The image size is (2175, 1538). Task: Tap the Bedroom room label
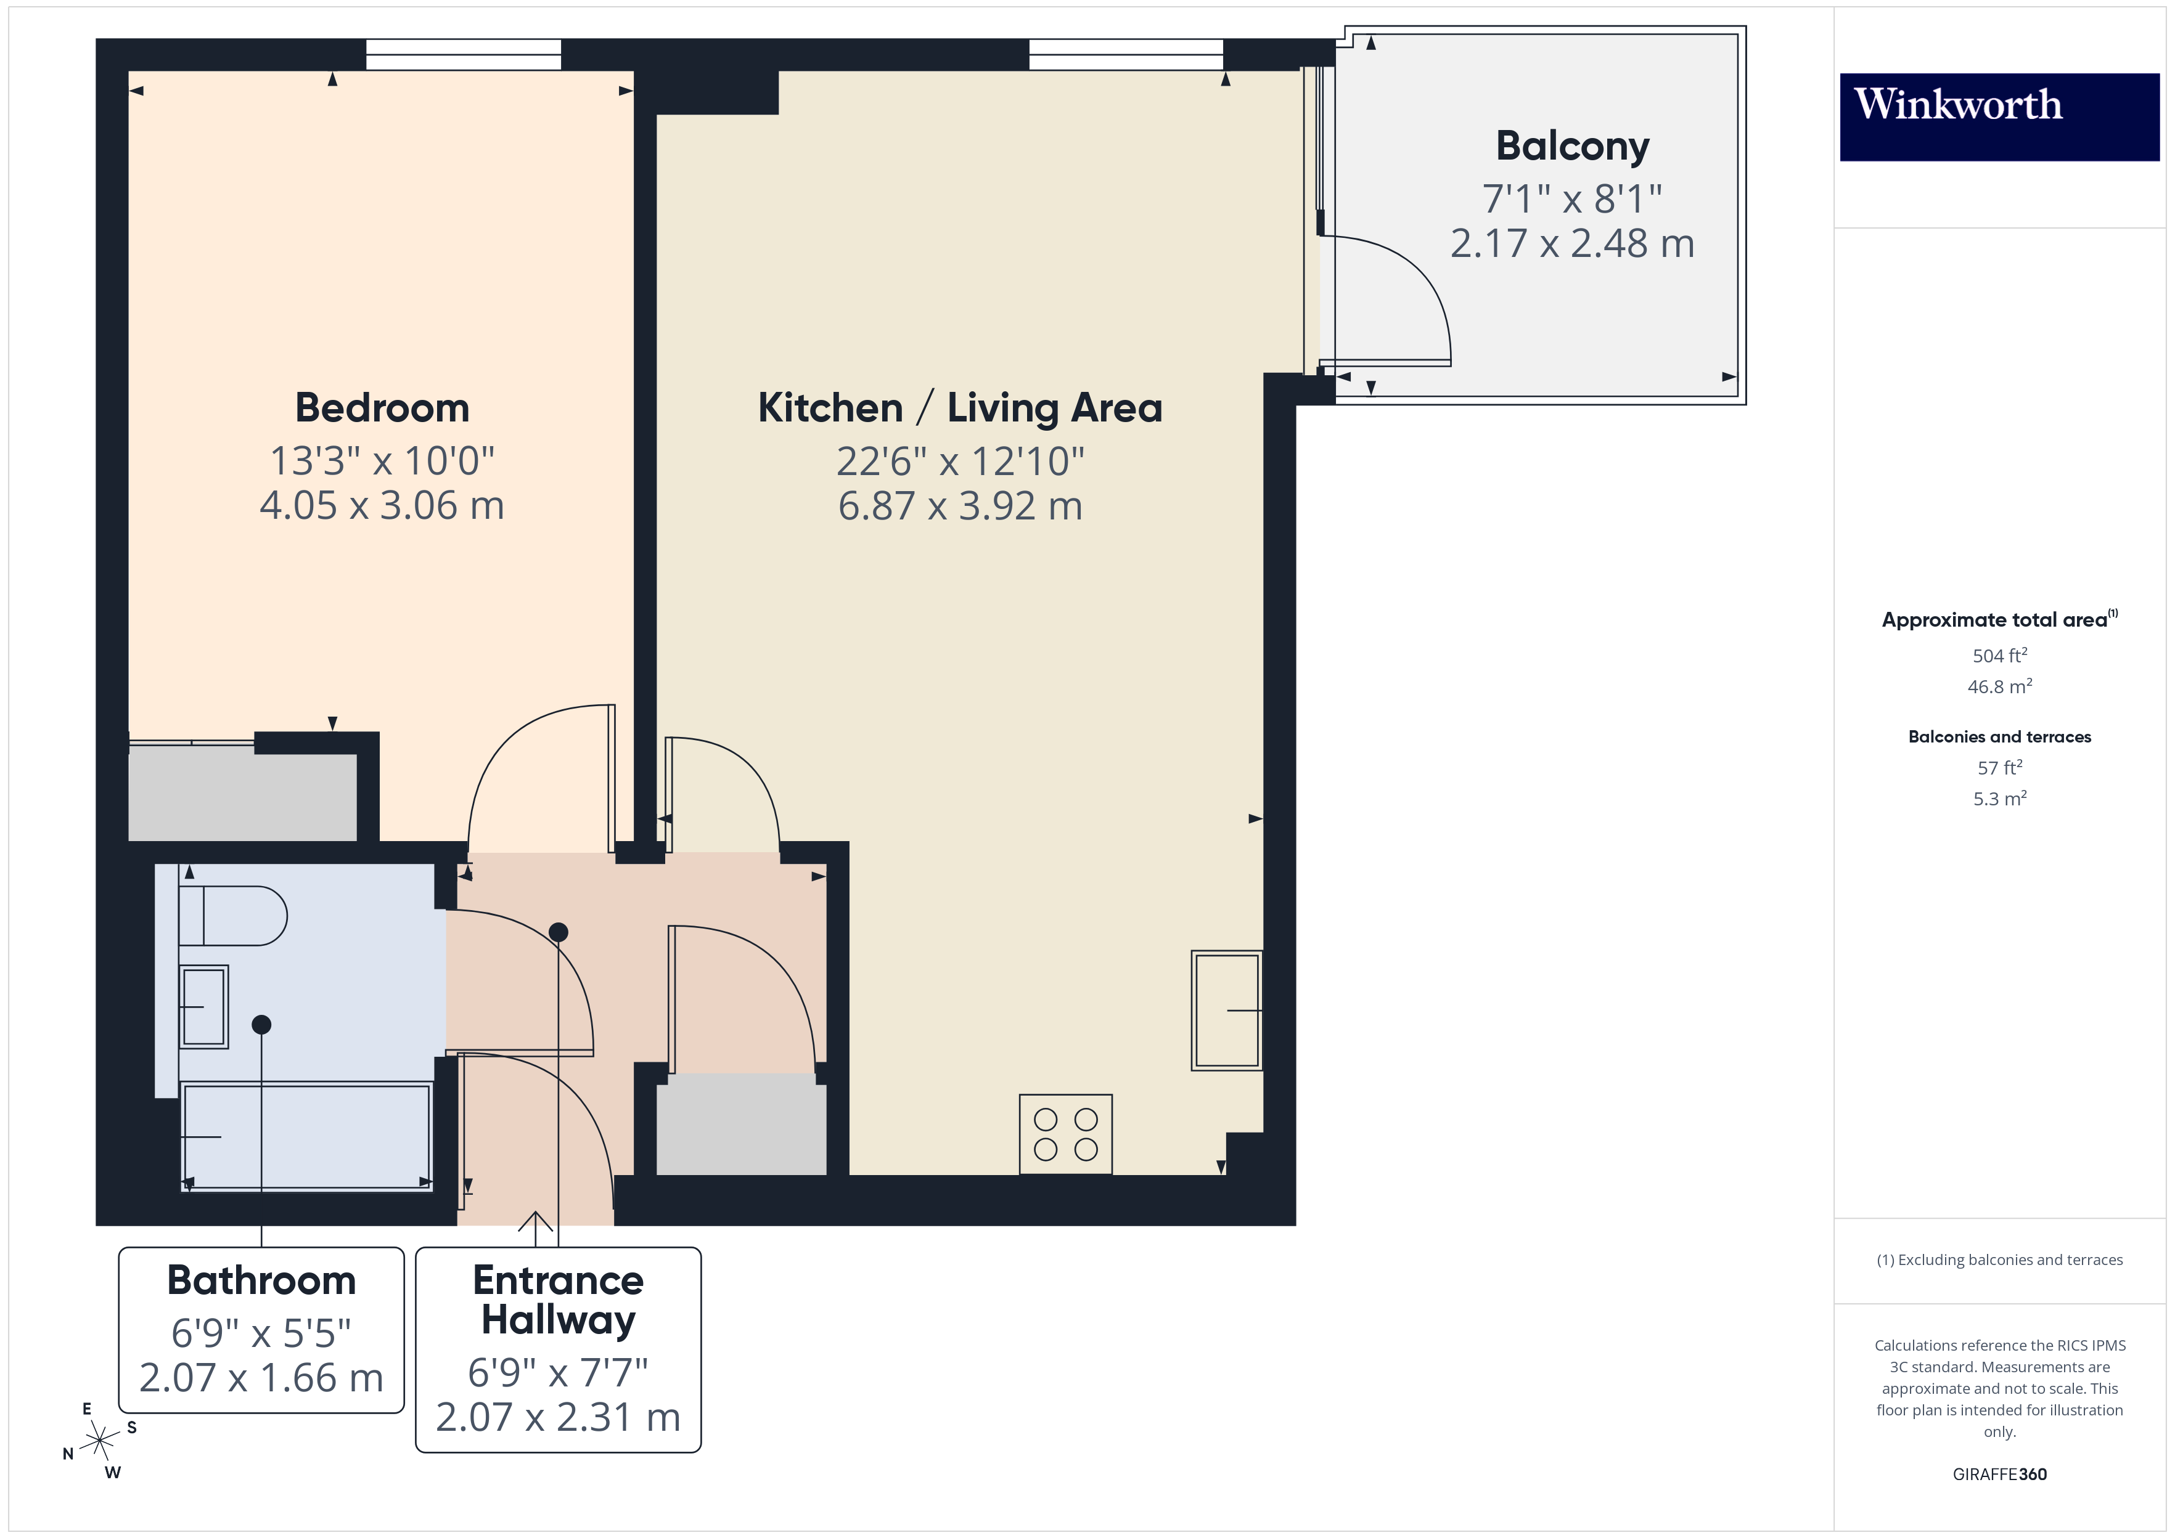coord(382,408)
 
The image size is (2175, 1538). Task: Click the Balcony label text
coord(1571,146)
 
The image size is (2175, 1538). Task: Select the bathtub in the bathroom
coord(306,1136)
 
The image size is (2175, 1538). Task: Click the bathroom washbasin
coord(203,1006)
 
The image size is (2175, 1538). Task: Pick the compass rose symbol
coord(99,1441)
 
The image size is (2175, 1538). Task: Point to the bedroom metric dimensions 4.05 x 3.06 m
coord(382,506)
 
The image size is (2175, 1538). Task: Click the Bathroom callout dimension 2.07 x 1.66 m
coord(261,1378)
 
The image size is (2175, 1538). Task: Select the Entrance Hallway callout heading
coord(558,1300)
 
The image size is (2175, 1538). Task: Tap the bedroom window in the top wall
coord(463,55)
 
